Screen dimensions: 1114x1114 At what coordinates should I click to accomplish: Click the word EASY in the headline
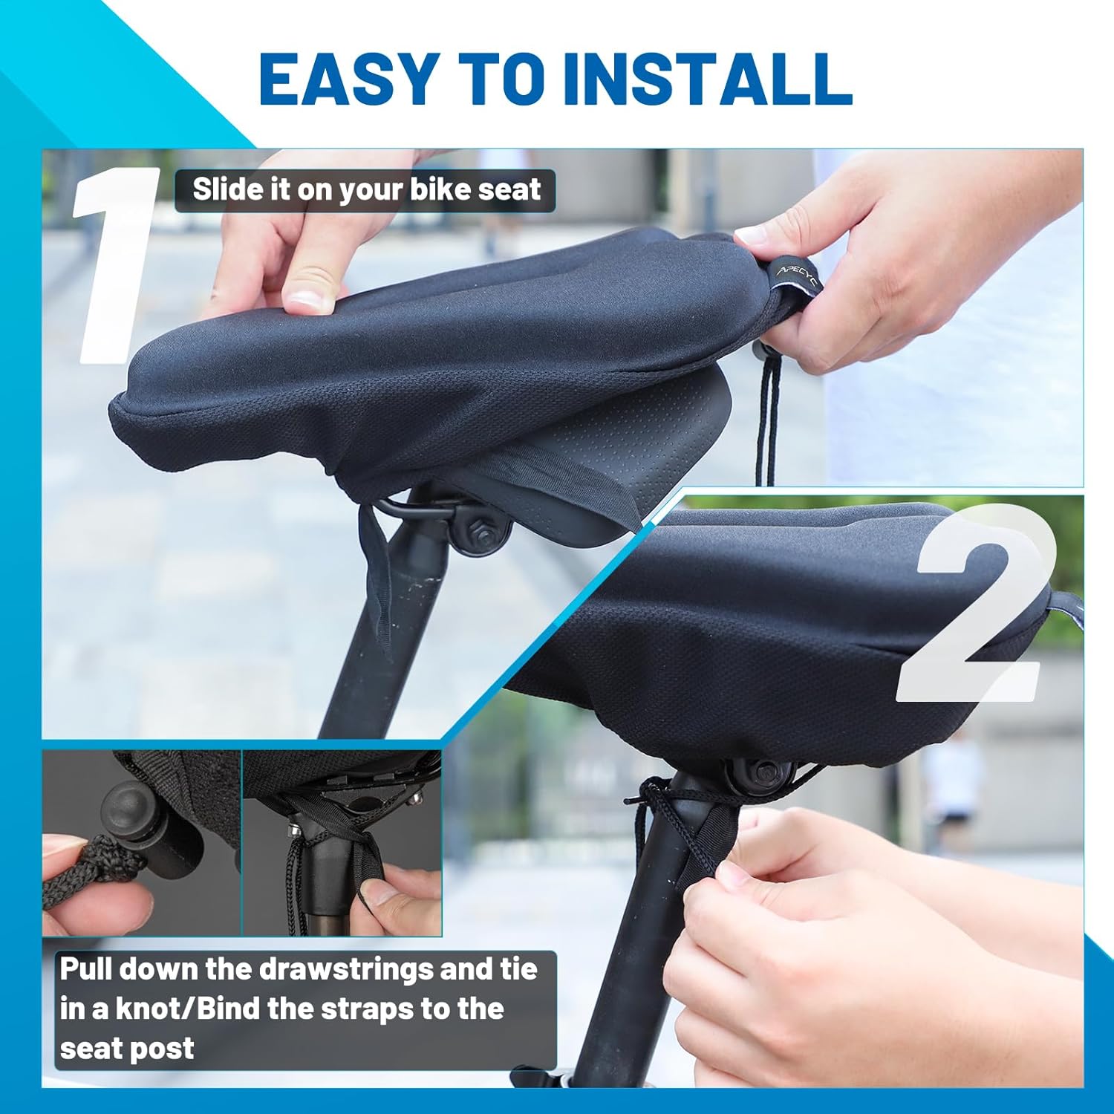click(x=348, y=79)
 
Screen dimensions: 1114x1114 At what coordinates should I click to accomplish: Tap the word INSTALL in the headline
click(x=707, y=79)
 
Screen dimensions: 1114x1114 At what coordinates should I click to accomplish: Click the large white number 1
click(x=116, y=265)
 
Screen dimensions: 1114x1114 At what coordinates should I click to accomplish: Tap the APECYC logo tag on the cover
click(x=793, y=276)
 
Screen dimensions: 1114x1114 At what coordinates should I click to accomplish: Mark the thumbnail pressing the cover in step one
click(x=310, y=300)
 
